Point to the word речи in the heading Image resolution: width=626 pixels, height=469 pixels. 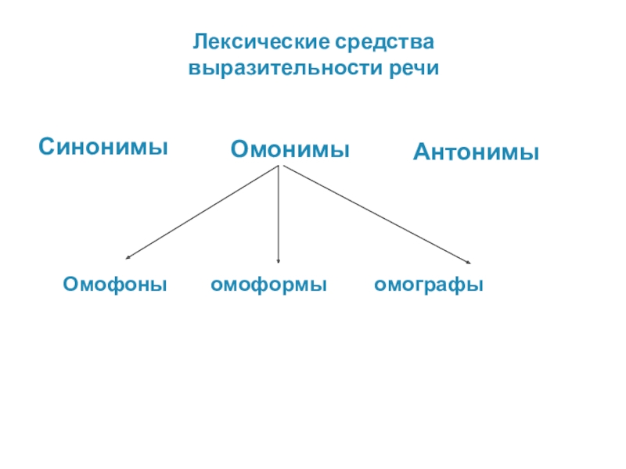coord(412,68)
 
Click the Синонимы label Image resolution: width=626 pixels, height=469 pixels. coord(104,146)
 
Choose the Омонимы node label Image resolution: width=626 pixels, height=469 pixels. coord(290,149)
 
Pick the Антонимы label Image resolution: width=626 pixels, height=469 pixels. coord(476,152)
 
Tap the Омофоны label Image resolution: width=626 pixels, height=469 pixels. coord(115,285)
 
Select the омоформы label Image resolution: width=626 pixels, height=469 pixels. coord(268,285)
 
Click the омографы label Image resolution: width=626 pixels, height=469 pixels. coord(428,285)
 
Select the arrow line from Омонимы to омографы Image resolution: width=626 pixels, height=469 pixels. coord(376,215)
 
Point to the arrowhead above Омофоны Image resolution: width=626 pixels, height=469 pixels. coord(128,257)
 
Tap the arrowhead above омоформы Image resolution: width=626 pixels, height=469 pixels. coord(279,262)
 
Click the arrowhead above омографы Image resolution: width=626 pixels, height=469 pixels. coord(467,263)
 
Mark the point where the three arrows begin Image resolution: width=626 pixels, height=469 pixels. coord(280,166)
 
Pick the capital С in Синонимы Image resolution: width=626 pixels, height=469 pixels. coord(47,146)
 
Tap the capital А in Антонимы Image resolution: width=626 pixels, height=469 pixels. coord(421,152)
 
